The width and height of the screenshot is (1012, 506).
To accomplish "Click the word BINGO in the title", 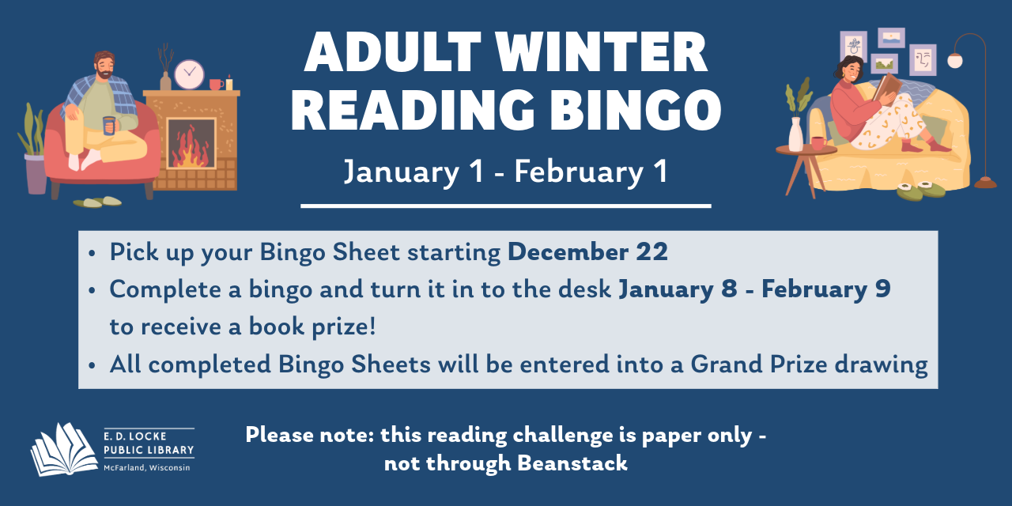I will click(632, 110).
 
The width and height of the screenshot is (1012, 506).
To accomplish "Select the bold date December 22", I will click(587, 252).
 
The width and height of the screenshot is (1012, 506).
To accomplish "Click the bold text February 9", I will click(826, 289).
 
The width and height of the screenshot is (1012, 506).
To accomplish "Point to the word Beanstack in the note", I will click(572, 463).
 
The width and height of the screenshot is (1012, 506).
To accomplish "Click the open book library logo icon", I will click(63, 448).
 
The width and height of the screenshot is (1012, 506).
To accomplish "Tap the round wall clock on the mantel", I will click(189, 74).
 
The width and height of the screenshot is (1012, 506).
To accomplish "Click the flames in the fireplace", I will click(191, 148).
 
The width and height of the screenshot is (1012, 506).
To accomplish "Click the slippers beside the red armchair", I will click(97, 202).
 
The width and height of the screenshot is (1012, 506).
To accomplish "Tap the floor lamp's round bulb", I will click(955, 60).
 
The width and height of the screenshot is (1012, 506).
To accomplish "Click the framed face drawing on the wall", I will click(922, 59).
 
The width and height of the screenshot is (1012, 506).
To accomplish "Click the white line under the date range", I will click(505, 206).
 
